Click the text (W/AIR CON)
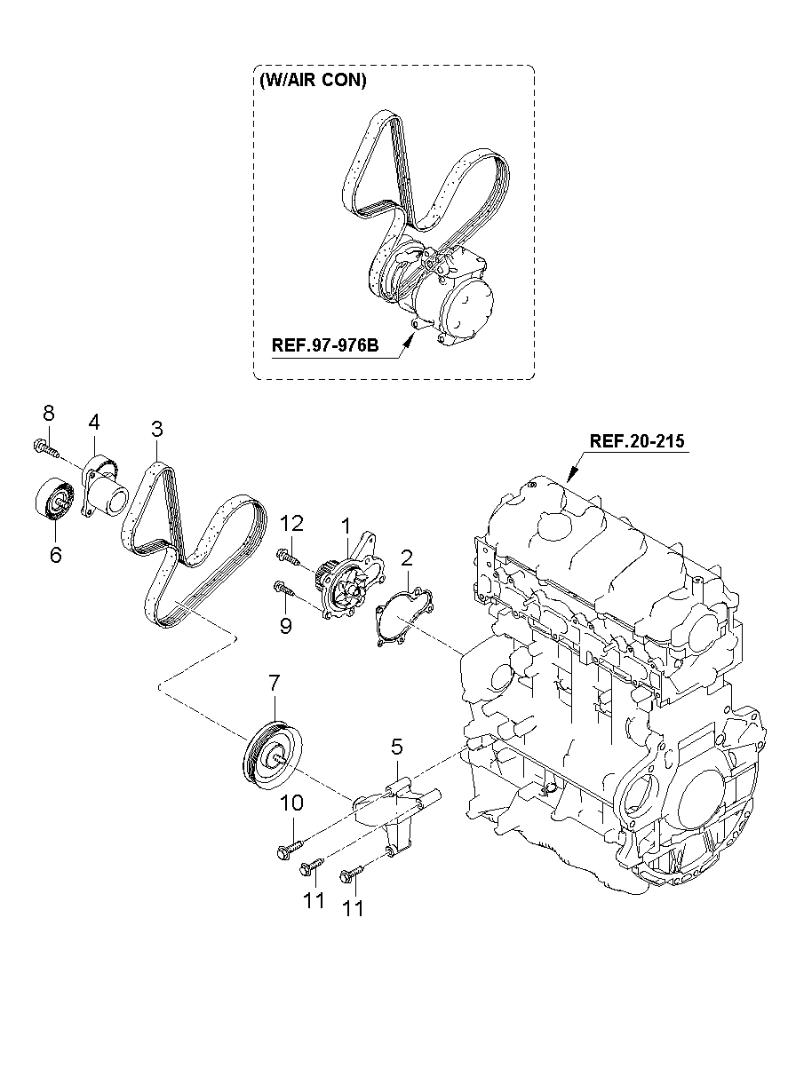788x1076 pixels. coord(313,80)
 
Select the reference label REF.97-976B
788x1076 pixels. coord(325,345)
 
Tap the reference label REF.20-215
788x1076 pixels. coord(637,441)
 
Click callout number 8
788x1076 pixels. coord(49,413)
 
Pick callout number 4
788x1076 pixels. coord(94,423)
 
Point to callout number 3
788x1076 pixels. coord(157,429)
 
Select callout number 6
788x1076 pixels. coord(56,555)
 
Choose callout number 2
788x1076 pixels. coord(406,558)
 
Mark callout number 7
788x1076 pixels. coord(274,683)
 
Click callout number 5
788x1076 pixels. coord(396,747)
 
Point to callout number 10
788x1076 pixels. coord(291,803)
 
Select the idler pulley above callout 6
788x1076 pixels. coord(55,500)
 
